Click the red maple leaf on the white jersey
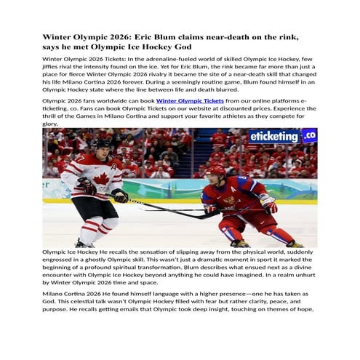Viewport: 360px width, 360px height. [102, 179]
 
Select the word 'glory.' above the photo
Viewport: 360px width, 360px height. [51, 124]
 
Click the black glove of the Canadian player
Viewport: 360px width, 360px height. [121, 196]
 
